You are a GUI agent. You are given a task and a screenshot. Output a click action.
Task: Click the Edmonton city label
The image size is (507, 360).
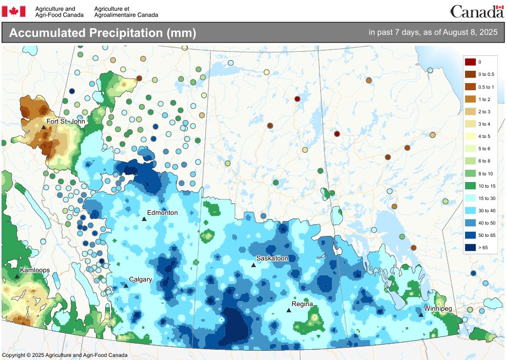tap(162, 212)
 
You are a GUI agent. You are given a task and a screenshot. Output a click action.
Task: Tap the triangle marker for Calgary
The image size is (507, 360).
tap(126, 285)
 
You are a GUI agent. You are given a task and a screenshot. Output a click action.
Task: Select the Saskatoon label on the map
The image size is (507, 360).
tap(272, 258)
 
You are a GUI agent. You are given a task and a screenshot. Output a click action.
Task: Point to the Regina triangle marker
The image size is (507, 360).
tap(288, 310)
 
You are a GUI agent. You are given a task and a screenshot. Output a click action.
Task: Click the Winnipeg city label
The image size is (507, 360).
tap(437, 309)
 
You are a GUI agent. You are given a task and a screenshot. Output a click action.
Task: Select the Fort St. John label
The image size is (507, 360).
tap(65, 122)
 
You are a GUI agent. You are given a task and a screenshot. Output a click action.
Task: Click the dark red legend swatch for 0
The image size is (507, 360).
tap(470, 62)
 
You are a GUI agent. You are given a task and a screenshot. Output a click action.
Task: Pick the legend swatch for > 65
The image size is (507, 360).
tap(470, 247)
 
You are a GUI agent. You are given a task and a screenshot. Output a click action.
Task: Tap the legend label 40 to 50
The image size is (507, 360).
tap(486, 223)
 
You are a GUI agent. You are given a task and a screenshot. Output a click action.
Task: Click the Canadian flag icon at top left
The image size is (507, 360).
tap(14, 11)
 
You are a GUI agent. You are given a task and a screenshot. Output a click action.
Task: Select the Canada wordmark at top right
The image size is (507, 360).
tap(477, 11)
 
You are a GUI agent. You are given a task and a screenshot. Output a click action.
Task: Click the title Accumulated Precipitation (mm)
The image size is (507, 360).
tap(103, 33)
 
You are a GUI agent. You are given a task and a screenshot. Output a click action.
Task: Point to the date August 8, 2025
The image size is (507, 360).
tap(468, 32)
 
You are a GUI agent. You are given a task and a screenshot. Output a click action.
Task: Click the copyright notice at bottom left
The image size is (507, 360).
tap(65, 355)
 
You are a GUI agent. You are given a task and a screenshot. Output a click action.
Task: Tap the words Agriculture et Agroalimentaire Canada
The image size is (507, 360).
tap(126, 12)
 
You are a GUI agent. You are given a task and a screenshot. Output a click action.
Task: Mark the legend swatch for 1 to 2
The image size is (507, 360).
tap(470, 99)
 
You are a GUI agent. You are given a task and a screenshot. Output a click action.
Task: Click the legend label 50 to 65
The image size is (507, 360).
tap(486, 235)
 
